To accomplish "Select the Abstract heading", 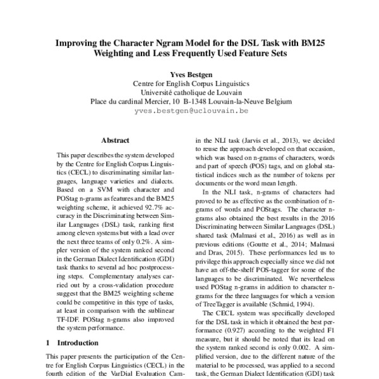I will pyautogui.click(x=116, y=140).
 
